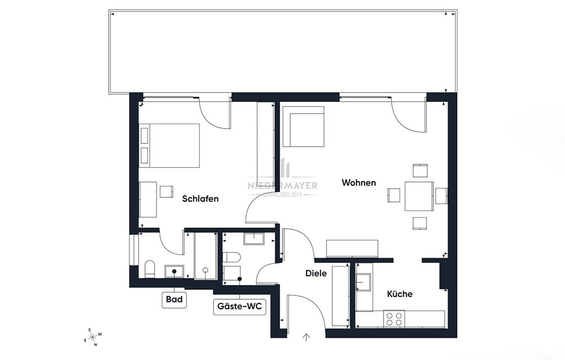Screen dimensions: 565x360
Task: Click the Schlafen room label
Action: [x=200, y=198]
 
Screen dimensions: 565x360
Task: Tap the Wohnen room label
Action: [x=359, y=182]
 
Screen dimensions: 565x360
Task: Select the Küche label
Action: [x=399, y=294]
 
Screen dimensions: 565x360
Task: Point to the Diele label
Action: [x=316, y=273]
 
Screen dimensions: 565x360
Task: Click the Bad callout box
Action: [x=174, y=299]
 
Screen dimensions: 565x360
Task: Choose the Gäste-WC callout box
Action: [x=239, y=307]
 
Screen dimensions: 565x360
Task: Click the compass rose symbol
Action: [x=93, y=337]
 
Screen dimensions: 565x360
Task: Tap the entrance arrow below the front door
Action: [x=306, y=337]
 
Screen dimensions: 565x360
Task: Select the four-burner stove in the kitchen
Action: [x=394, y=318]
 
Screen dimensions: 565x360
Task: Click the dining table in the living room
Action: [x=419, y=196]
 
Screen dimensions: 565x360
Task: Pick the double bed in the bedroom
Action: [x=169, y=146]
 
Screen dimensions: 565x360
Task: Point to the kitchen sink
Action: [x=363, y=282]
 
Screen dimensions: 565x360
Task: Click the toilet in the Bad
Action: [x=150, y=269]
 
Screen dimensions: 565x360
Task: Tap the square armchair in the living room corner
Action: [x=303, y=127]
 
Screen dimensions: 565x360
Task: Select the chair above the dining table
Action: [x=420, y=171]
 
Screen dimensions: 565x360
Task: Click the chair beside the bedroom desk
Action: [x=167, y=191]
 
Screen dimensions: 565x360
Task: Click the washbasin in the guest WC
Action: [x=254, y=239]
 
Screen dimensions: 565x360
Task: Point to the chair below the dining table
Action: [x=420, y=223]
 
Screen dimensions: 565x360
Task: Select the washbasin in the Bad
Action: [x=174, y=271]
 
